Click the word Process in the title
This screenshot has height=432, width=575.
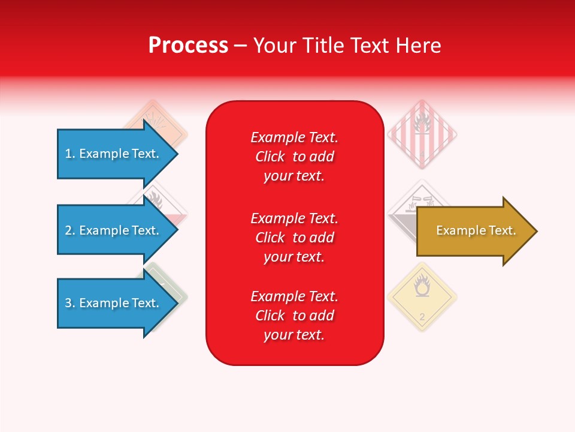[x=188, y=45]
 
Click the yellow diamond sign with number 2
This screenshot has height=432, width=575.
[x=422, y=297]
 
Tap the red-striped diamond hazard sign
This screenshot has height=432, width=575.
[x=422, y=133]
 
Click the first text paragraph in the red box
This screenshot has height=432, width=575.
[x=294, y=157]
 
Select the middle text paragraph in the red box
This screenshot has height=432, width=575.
[x=294, y=237]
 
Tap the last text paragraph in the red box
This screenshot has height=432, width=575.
[x=294, y=316]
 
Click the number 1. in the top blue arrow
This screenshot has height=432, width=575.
[x=70, y=154]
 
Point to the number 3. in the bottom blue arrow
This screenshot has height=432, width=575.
[x=70, y=303]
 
